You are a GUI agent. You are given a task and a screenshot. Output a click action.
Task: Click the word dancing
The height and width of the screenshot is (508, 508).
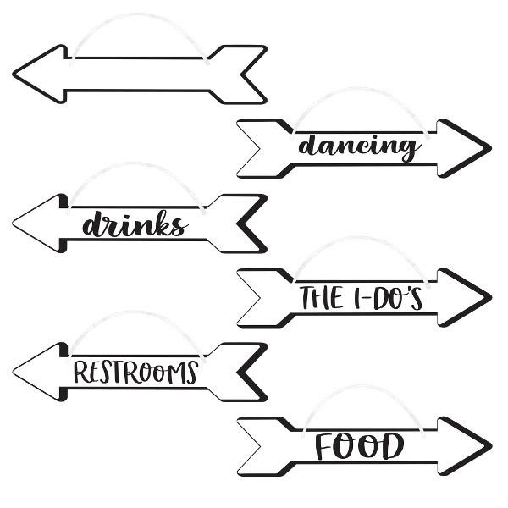[x=359, y=146]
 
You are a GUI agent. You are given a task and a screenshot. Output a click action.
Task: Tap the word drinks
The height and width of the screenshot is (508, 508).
[x=134, y=224]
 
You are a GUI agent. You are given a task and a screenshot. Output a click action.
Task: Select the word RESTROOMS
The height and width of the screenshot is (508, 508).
[x=135, y=372]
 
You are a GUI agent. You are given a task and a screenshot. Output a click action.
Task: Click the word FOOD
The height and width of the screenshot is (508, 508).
[x=360, y=446]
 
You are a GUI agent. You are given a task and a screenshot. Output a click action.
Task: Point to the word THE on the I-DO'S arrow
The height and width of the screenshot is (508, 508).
[x=321, y=298]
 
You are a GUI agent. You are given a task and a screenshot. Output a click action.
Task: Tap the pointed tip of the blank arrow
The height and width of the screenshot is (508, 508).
[x=15, y=74]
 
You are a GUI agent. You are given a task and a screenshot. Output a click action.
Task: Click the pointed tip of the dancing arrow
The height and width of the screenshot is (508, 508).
[x=489, y=148]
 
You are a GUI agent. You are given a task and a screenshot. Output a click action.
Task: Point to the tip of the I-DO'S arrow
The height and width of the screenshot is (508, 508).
[x=489, y=297]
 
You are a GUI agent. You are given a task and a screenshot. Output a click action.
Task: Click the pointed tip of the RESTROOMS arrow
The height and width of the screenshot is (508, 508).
[x=15, y=372]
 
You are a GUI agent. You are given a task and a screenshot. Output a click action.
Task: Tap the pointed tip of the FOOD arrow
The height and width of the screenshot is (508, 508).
[x=489, y=446]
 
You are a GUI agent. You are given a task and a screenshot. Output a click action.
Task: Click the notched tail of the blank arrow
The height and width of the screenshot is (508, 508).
[x=246, y=74]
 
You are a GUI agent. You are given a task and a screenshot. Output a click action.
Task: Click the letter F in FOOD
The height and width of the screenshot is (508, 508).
[x=326, y=446]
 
